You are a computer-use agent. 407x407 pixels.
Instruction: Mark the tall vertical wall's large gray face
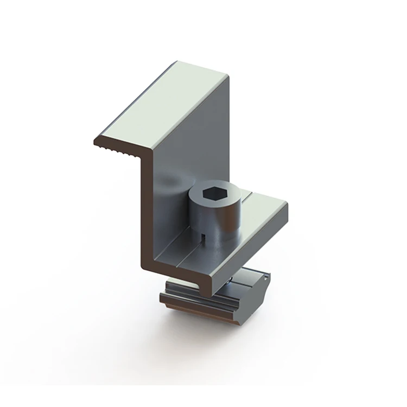[195, 141]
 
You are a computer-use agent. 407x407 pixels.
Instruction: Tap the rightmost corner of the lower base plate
[287, 203]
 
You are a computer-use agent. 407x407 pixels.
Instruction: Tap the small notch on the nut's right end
[266, 278]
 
